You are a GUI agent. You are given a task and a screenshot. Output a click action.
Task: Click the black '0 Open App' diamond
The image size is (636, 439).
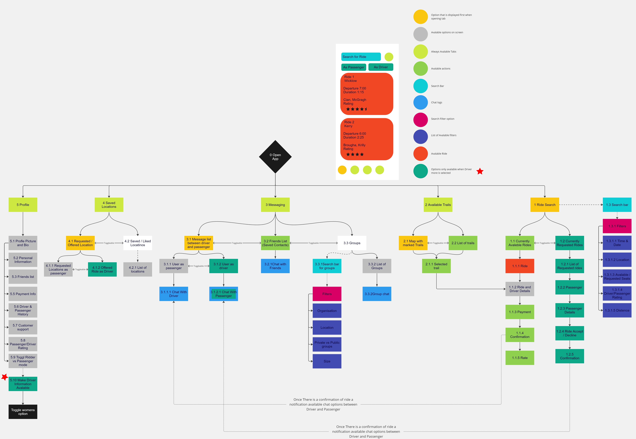275,157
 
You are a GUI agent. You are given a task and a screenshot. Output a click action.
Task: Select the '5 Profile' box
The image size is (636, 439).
23,205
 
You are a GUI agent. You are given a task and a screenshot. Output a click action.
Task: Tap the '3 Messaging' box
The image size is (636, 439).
275,205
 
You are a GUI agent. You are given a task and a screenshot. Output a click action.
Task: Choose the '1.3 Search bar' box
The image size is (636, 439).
617,205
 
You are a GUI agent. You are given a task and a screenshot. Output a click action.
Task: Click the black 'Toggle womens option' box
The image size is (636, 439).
23,412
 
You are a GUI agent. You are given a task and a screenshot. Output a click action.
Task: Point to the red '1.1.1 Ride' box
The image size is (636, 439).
520,266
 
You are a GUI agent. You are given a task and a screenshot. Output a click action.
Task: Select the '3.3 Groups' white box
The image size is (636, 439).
352,243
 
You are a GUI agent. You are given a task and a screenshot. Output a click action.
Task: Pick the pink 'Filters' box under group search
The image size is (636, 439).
327,294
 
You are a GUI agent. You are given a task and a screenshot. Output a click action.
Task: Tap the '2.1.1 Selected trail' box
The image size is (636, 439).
436,266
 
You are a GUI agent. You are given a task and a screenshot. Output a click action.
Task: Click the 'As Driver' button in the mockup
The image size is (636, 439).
381,67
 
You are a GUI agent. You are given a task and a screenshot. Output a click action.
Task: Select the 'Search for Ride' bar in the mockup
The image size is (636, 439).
361,57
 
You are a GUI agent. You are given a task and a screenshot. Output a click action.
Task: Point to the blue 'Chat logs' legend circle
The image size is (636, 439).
420,102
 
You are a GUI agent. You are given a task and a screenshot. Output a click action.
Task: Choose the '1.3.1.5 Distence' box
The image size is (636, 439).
617,310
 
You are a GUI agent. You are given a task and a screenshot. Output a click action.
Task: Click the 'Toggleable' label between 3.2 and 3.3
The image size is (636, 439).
313,243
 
